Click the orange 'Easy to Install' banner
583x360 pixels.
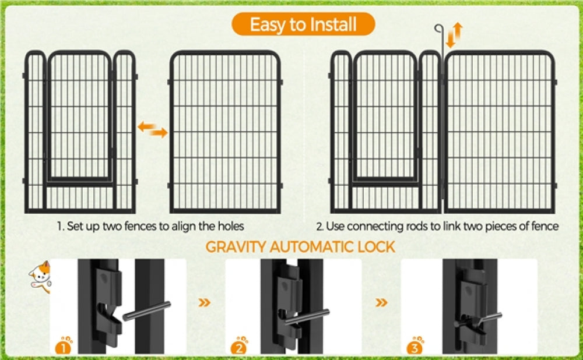point(303,25)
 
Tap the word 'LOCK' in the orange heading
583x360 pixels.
point(376,246)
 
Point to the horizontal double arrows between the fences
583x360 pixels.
point(153,129)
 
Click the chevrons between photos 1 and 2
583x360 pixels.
point(205,303)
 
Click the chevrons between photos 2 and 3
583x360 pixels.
point(381,303)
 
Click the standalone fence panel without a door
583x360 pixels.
point(225,131)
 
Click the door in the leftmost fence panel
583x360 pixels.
point(79,117)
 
